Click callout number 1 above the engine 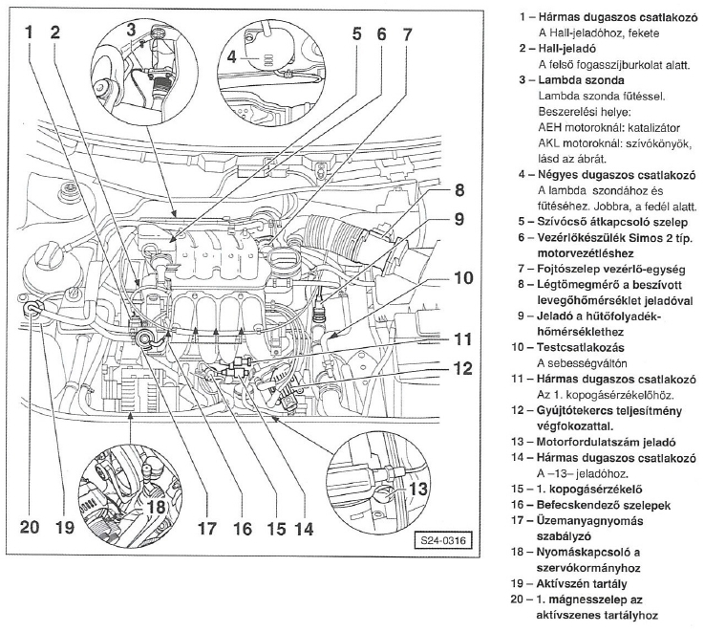click(30, 32)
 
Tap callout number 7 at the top click(407, 32)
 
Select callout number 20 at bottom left click(32, 526)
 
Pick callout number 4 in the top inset click(232, 56)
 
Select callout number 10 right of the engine click(463, 279)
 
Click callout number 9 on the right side click(459, 219)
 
